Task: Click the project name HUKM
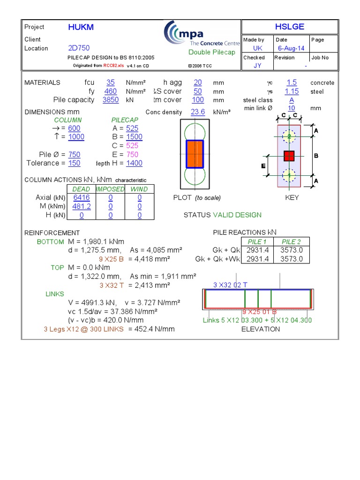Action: (x=81, y=27)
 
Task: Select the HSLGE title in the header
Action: (x=289, y=27)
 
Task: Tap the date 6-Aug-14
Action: (x=291, y=48)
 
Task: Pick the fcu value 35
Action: (x=111, y=82)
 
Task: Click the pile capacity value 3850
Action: (x=111, y=100)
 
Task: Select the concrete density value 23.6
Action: (x=198, y=112)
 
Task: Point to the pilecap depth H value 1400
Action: (x=134, y=163)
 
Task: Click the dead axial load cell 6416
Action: (x=81, y=198)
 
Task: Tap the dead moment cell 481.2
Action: (x=81, y=206)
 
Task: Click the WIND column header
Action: (x=139, y=189)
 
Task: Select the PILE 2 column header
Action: (x=291, y=242)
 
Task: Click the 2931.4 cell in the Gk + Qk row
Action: (x=258, y=250)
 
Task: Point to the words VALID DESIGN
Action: (x=237, y=215)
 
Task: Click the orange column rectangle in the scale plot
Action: (x=195, y=154)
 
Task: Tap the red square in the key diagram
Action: (x=289, y=156)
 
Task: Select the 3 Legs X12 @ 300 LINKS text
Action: (x=83, y=329)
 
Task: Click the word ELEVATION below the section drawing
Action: (x=260, y=329)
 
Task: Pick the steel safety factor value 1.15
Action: (x=292, y=91)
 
